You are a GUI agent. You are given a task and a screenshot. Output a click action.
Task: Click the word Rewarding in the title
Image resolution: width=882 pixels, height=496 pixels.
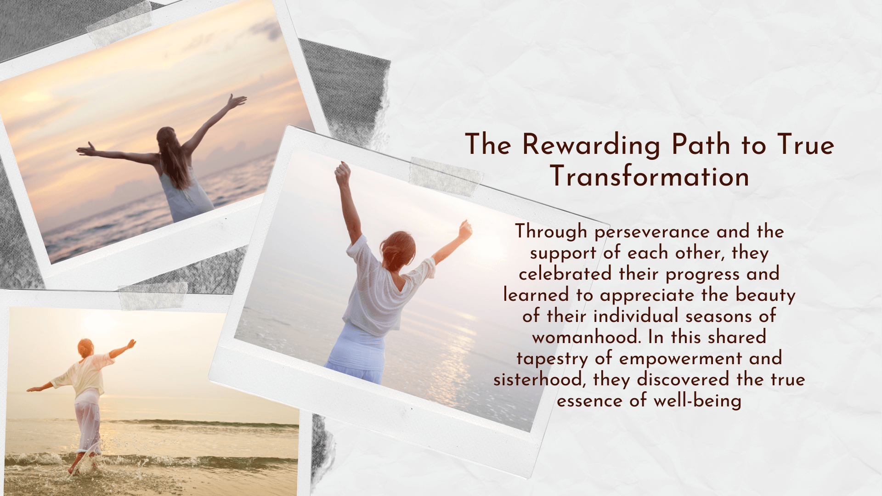pyautogui.click(x=591, y=145)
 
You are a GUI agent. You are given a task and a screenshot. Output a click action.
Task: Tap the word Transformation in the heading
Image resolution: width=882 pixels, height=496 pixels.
pyautogui.click(x=650, y=176)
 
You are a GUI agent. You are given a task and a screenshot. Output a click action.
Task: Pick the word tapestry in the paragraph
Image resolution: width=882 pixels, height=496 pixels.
pyautogui.click(x=552, y=359)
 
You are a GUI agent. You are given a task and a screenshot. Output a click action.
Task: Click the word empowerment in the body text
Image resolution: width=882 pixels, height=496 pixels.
pyautogui.click(x=680, y=359)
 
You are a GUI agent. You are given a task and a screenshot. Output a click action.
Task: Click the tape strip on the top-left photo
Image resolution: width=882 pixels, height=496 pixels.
pyautogui.click(x=119, y=23)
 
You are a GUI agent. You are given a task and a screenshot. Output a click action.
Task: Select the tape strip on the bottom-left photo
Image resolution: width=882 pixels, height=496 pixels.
pyautogui.click(x=153, y=296)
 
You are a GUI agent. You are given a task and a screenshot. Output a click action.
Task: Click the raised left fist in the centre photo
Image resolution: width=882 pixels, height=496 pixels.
pyautogui.click(x=342, y=174)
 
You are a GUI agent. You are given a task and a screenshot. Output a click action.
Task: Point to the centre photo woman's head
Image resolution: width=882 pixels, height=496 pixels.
pyautogui.click(x=398, y=250)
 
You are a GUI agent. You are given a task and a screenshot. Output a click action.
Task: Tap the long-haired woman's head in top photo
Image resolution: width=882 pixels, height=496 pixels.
pyautogui.click(x=167, y=137)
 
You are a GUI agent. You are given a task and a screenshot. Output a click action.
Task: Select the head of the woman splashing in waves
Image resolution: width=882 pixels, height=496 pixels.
pyautogui.click(x=85, y=348)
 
